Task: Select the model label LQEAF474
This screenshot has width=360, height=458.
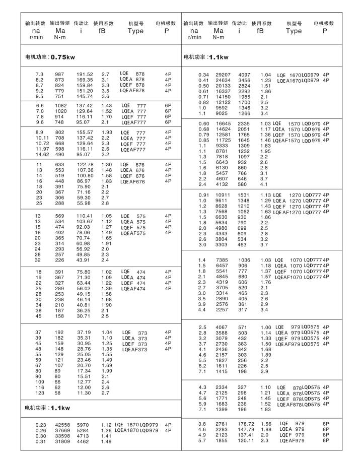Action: (133, 288)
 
